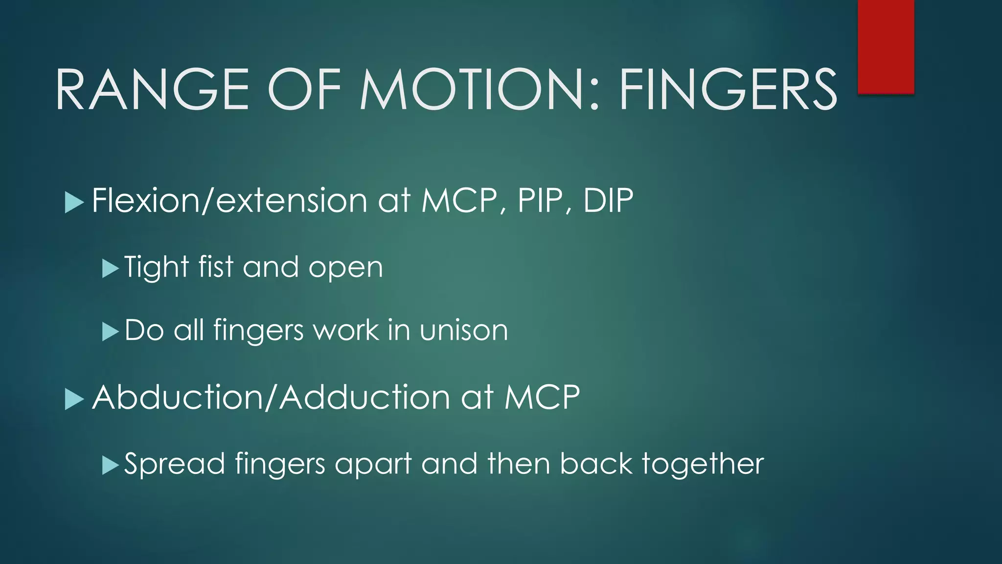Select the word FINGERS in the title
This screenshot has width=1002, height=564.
728,90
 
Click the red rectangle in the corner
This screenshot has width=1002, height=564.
886,47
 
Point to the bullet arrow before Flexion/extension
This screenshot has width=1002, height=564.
74,202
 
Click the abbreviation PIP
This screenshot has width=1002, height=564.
540,200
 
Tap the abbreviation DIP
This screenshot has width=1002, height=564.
608,200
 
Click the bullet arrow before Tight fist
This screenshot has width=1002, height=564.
111,268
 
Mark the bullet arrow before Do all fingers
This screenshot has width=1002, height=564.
111,331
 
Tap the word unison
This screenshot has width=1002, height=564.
463,330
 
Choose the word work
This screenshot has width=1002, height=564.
345,330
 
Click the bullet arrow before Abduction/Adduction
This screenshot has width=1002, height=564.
74,399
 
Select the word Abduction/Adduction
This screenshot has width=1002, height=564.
271,397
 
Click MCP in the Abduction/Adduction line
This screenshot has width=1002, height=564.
542,397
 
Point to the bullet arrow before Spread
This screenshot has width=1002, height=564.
111,465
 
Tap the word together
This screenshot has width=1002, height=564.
703,464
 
